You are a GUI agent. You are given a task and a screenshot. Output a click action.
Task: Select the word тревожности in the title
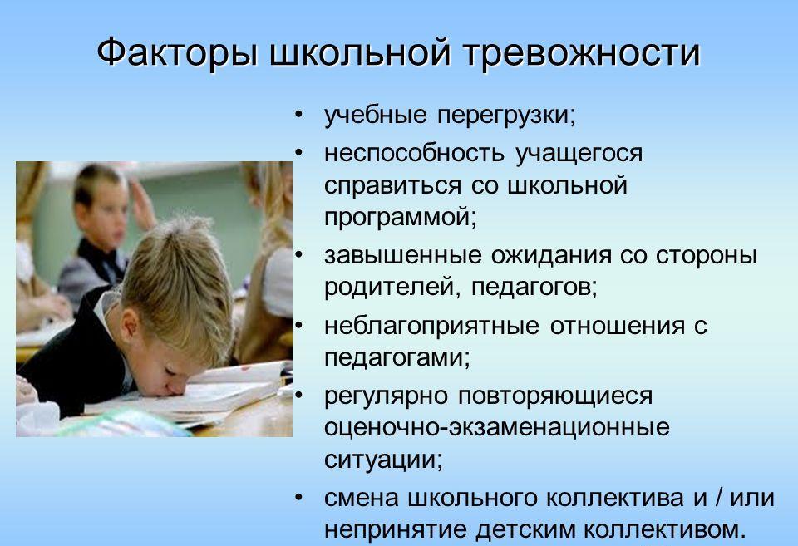582,52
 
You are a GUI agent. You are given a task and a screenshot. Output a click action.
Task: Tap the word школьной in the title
360,52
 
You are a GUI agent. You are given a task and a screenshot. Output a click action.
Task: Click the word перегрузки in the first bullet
506,116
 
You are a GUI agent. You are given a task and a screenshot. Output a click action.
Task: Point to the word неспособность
414,153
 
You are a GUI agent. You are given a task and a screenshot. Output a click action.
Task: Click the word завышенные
402,255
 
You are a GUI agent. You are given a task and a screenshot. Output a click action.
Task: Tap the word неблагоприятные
431,327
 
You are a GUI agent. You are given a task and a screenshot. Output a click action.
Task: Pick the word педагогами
397,358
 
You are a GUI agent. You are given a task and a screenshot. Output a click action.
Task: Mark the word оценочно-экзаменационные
497,427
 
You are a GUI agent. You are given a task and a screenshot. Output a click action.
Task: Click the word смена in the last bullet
362,498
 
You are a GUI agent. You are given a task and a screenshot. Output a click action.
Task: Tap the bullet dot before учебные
298,115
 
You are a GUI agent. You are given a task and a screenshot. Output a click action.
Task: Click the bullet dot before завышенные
298,254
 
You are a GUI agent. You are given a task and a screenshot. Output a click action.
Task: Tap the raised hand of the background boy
143,201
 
